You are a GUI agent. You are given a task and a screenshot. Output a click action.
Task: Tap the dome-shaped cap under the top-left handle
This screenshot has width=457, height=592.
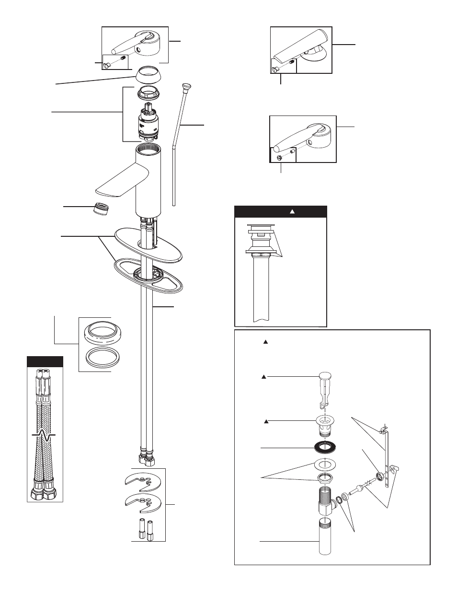[148, 74]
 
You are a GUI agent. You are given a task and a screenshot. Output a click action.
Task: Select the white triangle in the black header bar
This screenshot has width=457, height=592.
[291, 211]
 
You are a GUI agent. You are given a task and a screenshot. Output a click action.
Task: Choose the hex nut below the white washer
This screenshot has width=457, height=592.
[325, 478]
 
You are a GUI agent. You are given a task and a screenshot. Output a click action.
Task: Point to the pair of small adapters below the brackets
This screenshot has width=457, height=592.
[146, 530]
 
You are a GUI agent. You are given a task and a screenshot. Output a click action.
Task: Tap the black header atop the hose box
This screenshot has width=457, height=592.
[45, 361]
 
